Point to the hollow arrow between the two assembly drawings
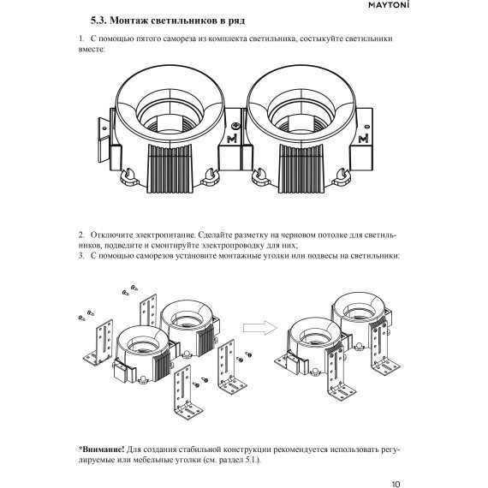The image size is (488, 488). [256, 330]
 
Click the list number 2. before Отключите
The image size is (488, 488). [80, 234]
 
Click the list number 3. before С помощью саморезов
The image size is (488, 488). [80, 255]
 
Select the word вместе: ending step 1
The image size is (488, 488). [91, 51]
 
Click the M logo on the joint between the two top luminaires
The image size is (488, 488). [235, 139]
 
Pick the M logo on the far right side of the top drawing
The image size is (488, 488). [365, 139]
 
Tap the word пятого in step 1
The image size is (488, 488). [145, 40]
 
